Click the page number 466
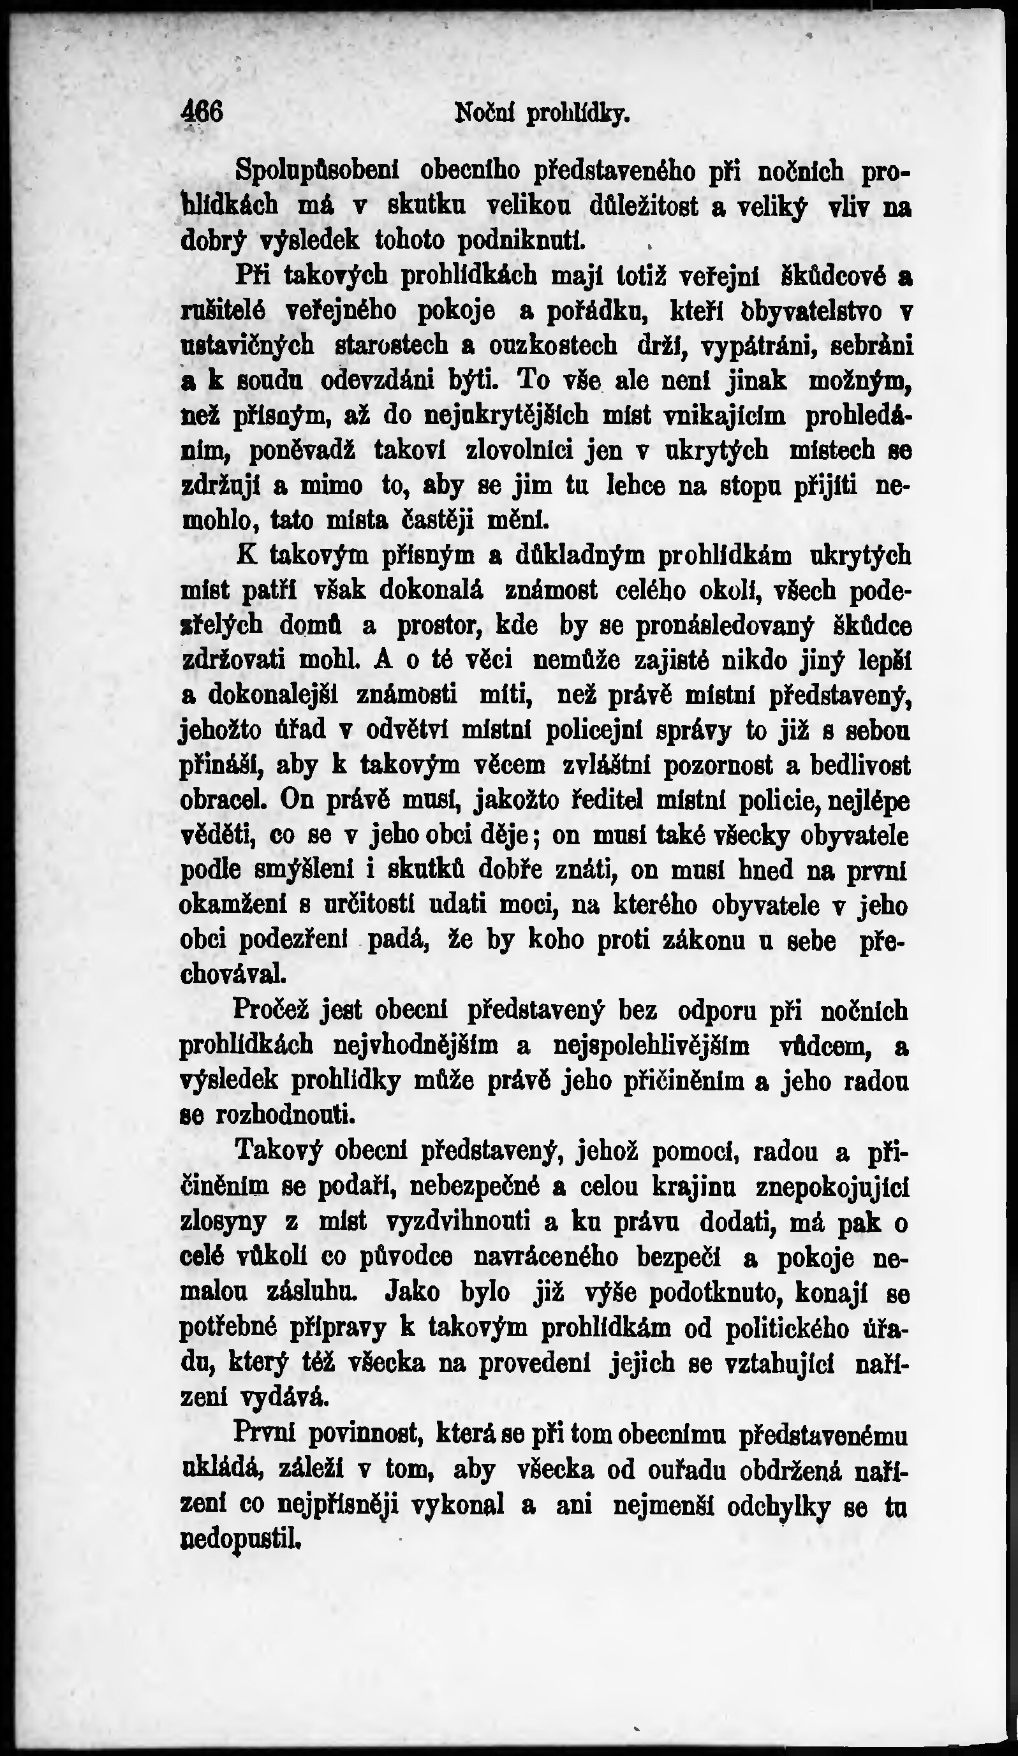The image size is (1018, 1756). pyautogui.click(x=202, y=112)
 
